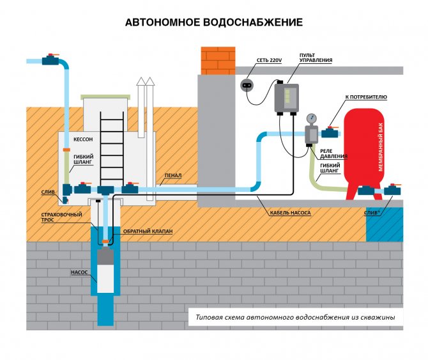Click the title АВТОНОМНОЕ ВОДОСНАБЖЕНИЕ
coord(213,22)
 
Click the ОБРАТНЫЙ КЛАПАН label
coord(149,231)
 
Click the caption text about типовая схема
coord(295,317)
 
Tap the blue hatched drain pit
coord(385,226)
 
